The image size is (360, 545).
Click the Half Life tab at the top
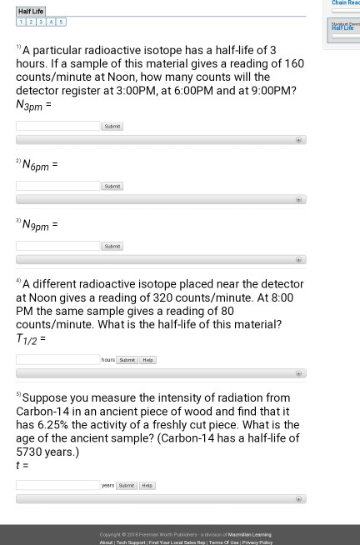click(31, 12)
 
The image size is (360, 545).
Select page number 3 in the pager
click(40, 22)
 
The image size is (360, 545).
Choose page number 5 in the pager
click(60, 22)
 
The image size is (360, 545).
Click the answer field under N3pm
click(57, 126)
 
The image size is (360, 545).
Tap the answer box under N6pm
click(57, 186)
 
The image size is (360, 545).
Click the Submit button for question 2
click(112, 186)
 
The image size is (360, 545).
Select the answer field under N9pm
click(57, 246)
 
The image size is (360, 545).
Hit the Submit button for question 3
click(112, 246)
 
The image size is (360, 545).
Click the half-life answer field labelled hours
click(57, 359)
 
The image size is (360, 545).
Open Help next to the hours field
click(147, 360)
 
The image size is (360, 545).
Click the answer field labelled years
click(57, 484)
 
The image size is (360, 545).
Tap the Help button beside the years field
click(147, 485)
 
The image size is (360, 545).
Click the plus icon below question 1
click(298, 140)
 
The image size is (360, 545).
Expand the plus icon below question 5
click(298, 498)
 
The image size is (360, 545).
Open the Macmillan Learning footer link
click(249, 534)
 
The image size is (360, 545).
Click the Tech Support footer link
click(130, 542)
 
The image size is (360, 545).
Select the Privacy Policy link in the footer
click(257, 542)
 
